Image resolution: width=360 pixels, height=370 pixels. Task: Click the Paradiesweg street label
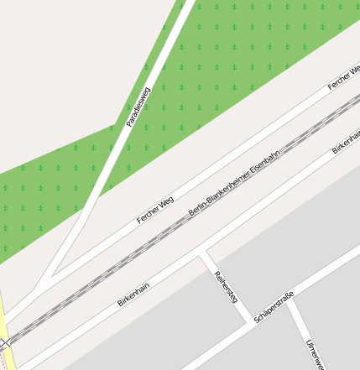(x=138, y=107)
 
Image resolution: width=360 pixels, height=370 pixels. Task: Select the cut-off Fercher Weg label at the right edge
(x=343, y=78)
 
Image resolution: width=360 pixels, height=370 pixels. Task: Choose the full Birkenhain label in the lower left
(x=133, y=294)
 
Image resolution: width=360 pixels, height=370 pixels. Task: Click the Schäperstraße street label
(x=274, y=307)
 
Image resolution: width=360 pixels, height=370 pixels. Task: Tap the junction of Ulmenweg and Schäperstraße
(x=290, y=300)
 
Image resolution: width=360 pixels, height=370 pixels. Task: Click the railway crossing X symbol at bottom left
(x=6, y=342)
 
